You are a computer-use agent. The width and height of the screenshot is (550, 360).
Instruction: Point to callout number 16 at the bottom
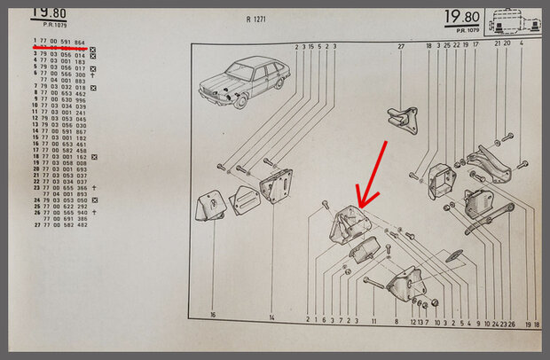tap(213, 316)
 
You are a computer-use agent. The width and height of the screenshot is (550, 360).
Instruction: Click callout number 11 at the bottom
tap(374, 321)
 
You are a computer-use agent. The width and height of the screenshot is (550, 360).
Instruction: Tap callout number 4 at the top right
tap(522, 43)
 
